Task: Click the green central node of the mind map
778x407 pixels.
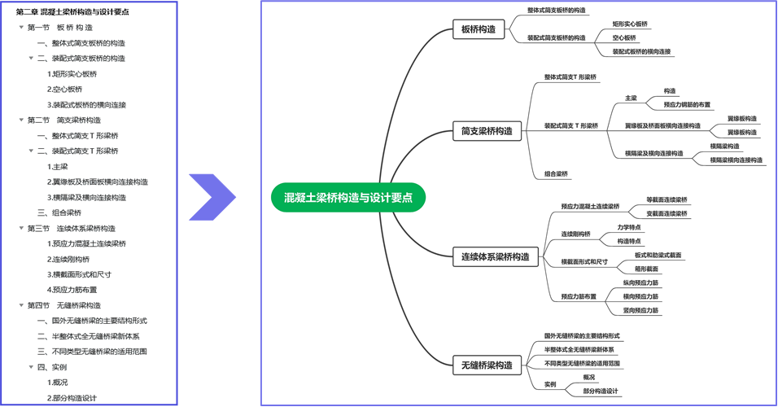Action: coord(348,198)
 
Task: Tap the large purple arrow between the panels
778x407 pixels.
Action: coord(213,197)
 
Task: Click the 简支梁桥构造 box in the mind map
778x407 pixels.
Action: coord(487,131)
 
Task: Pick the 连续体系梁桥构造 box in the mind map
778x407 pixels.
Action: coord(495,257)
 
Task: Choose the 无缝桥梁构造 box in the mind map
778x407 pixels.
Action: coord(487,365)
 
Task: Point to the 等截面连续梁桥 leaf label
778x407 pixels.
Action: coord(667,199)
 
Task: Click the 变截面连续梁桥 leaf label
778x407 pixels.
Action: coord(667,214)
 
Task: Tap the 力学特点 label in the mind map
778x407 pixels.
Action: coord(629,227)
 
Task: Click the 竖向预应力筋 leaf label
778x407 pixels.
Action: coord(640,310)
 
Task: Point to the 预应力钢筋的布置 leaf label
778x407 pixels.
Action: coord(687,104)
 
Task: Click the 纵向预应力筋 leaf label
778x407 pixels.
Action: coord(640,282)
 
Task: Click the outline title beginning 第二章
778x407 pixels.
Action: coord(72,11)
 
